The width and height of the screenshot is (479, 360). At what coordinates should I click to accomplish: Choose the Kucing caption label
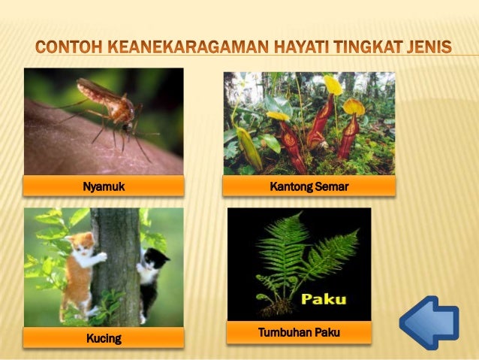[x=104, y=338]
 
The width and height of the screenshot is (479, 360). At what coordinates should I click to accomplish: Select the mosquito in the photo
[x=113, y=109]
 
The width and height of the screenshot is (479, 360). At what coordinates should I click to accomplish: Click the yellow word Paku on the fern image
[x=324, y=299]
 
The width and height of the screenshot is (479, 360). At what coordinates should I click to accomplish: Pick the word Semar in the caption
[x=332, y=186]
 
